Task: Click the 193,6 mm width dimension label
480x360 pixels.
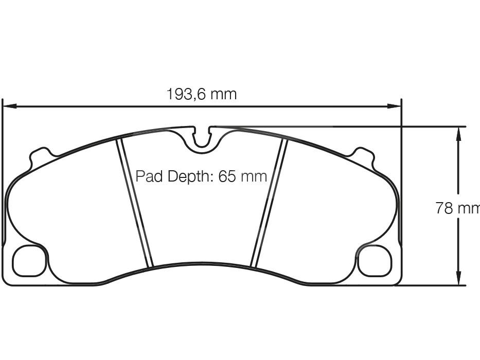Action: [x=201, y=95]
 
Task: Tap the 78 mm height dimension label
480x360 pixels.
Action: [x=457, y=208]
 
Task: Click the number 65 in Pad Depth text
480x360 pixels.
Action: [x=227, y=176]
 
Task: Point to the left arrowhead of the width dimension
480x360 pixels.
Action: [x=9, y=106]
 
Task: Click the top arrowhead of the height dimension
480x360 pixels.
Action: [x=458, y=133]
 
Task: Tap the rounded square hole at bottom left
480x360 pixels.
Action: [x=29, y=261]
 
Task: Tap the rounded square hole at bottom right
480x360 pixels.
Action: [x=374, y=261]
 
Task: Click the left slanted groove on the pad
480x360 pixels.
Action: [x=134, y=203]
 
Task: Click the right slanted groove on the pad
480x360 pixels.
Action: [x=269, y=203]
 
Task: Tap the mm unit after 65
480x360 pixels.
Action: [x=254, y=177]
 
